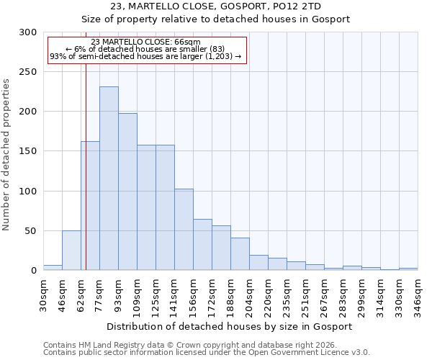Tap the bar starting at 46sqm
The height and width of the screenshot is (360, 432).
coord(71,251)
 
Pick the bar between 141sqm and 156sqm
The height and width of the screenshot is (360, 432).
coord(184,230)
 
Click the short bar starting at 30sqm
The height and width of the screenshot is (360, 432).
coord(53,268)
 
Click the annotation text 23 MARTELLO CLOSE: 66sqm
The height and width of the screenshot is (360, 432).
coord(146,42)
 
